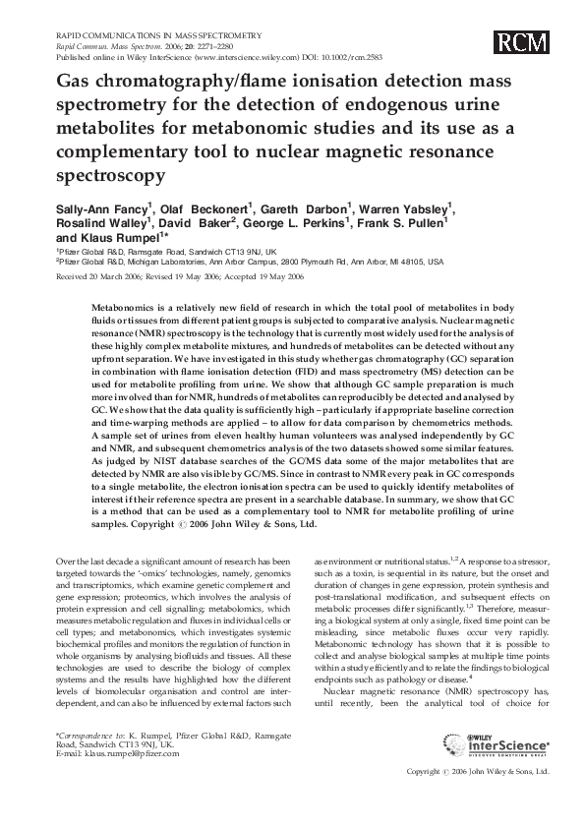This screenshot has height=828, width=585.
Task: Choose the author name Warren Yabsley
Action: (x=404, y=208)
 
